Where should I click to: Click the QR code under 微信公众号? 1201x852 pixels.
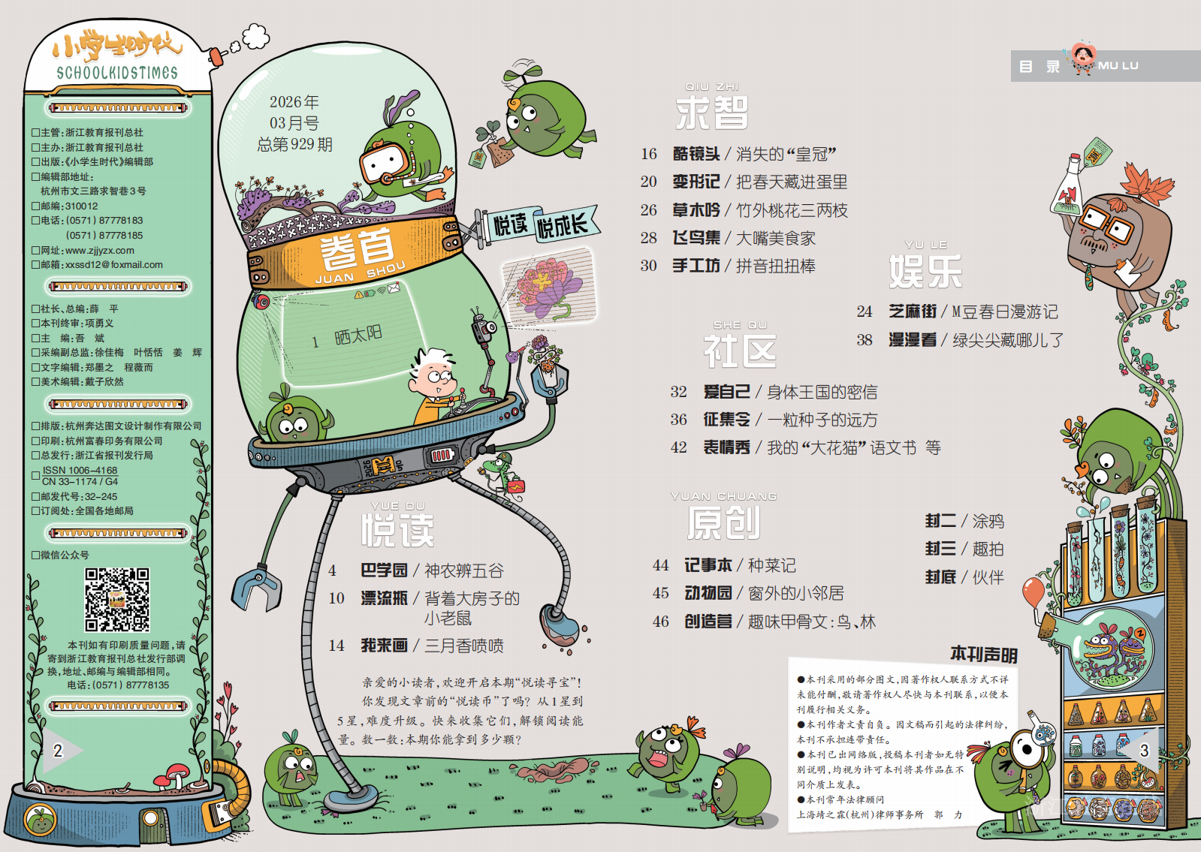117,600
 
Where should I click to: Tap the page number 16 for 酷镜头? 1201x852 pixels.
649,154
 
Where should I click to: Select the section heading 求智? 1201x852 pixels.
711,113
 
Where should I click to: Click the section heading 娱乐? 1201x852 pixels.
925,271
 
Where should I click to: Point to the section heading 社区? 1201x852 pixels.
740,351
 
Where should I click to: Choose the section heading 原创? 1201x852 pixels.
724,522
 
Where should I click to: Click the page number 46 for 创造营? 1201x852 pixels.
661,622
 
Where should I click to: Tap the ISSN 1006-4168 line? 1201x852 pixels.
80,470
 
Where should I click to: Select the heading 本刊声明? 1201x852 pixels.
983,655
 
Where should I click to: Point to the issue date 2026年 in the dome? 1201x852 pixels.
294,102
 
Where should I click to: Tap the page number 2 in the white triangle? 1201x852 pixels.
58,750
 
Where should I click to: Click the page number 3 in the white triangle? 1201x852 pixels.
1144,750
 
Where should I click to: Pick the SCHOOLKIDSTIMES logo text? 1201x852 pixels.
117,73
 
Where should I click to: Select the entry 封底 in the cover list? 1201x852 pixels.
940,577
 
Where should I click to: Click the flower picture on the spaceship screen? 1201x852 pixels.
547,286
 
